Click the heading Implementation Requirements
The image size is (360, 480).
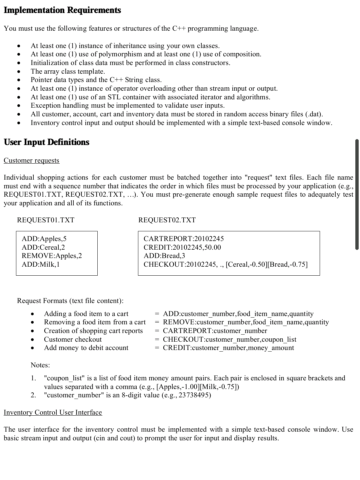click(62, 10)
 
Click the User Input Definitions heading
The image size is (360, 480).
click(46, 142)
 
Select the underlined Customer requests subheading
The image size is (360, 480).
click(31, 161)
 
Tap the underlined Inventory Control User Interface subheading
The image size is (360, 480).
click(53, 413)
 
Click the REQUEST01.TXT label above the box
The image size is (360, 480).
click(46, 220)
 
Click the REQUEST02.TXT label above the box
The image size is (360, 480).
click(167, 220)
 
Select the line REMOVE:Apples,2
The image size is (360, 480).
click(52, 256)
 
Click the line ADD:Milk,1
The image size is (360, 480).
click(41, 265)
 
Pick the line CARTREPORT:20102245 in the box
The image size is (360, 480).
click(184, 239)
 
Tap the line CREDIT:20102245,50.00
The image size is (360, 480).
click(182, 248)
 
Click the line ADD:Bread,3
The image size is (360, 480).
click(164, 256)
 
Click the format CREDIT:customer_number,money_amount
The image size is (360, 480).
click(228, 348)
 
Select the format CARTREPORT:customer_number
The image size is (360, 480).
click(215, 331)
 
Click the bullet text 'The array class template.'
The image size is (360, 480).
click(68, 72)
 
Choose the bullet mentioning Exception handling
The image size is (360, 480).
click(128, 106)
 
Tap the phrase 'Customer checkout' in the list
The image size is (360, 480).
click(73, 340)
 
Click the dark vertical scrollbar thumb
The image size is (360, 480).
click(357, 194)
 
